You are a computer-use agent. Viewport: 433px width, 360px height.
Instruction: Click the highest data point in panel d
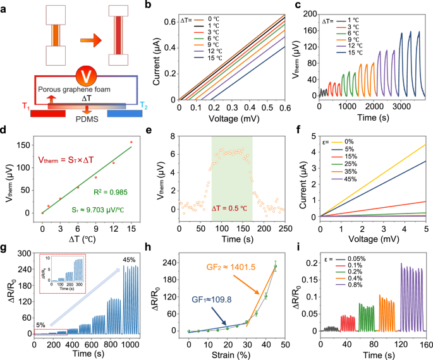click(131, 142)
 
